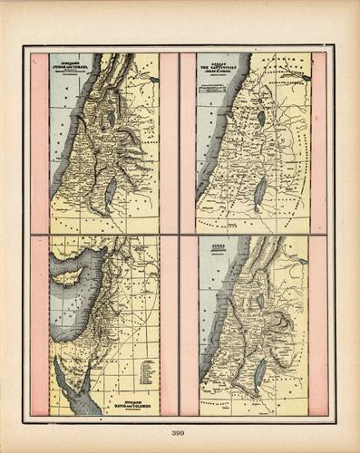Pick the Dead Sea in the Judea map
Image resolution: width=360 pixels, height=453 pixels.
click(x=260, y=371)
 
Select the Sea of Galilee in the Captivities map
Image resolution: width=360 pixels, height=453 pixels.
click(x=261, y=117)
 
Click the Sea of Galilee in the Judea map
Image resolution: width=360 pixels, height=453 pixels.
click(x=261, y=300)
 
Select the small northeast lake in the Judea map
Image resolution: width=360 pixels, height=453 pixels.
click(x=303, y=262)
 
